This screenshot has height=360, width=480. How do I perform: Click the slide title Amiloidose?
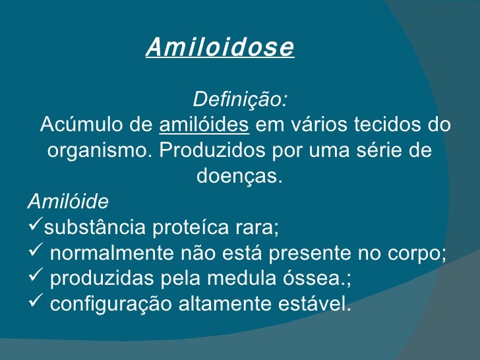pyautogui.click(x=220, y=47)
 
